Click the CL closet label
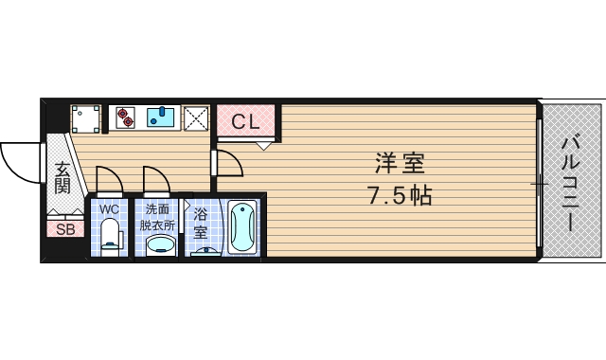pos(245,121)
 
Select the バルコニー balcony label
pos(570,182)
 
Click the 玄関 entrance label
pos(62,177)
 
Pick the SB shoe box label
pos(64,229)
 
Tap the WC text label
pos(110,207)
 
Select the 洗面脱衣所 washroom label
pos(158,216)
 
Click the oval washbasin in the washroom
pos(160,244)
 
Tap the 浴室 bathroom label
pos(200,224)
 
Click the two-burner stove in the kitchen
pos(126,117)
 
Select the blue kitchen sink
pos(163,117)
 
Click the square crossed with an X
pos(197,117)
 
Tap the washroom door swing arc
pos(155,178)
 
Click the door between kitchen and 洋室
pos(227,163)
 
